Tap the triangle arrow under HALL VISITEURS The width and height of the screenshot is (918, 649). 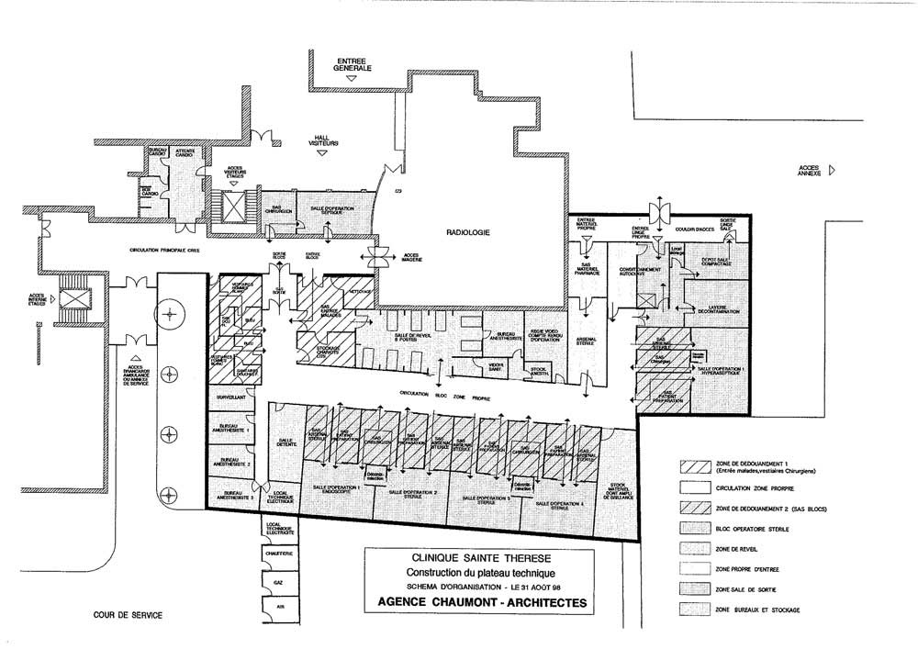(322, 153)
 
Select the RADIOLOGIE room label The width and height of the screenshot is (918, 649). (469, 233)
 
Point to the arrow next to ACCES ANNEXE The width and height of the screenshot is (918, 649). (833, 170)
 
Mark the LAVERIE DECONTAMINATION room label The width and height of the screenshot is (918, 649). (717, 309)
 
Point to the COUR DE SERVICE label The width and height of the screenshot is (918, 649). (129, 616)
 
